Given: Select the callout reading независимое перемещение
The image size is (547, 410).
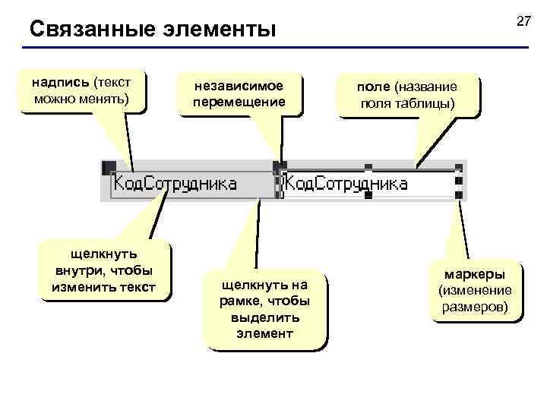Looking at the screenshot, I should [x=239, y=94].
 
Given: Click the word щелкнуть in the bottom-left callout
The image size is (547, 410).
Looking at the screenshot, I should [x=103, y=254].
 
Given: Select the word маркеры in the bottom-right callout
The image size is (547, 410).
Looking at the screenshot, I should [x=475, y=274].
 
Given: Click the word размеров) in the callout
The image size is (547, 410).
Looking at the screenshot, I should [x=476, y=307].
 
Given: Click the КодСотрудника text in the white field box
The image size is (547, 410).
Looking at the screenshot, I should [x=346, y=184].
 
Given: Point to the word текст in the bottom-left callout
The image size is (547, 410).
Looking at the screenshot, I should [x=137, y=287].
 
